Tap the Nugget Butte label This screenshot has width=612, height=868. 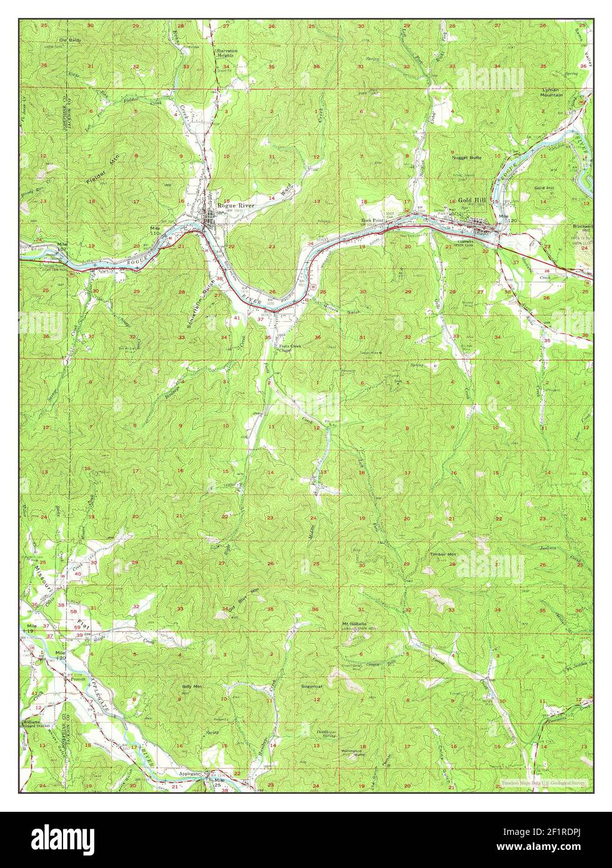click(467, 158)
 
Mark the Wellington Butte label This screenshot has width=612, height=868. click(352, 752)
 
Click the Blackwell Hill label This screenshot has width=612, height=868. click(583, 228)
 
